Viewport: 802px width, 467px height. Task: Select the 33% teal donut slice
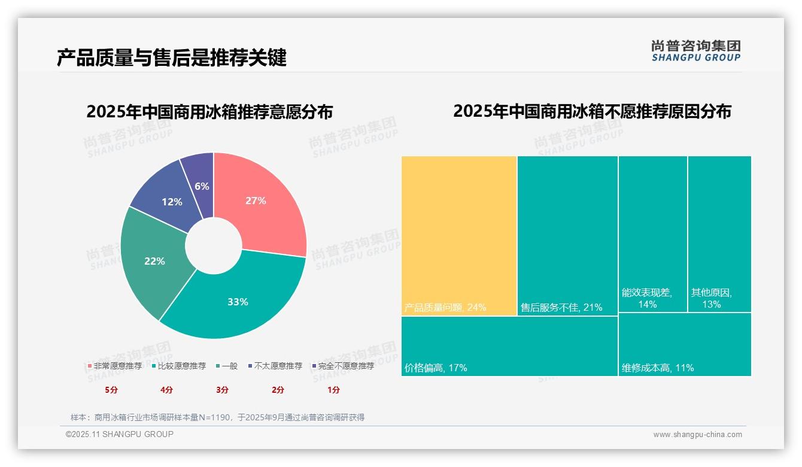239,299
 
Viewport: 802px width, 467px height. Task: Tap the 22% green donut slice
153,260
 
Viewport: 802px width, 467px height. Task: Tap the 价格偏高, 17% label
436,368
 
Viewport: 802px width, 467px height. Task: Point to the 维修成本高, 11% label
658,368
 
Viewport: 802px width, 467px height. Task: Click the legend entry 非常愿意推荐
117,366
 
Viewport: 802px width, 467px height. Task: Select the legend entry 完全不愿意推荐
346,366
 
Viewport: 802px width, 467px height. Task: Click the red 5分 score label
112,390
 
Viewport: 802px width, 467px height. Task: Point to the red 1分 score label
333,390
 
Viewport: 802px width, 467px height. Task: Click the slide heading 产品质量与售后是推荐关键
172,57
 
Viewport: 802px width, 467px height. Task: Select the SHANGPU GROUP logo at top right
695,51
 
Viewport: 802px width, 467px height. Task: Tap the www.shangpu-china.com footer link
697,435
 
